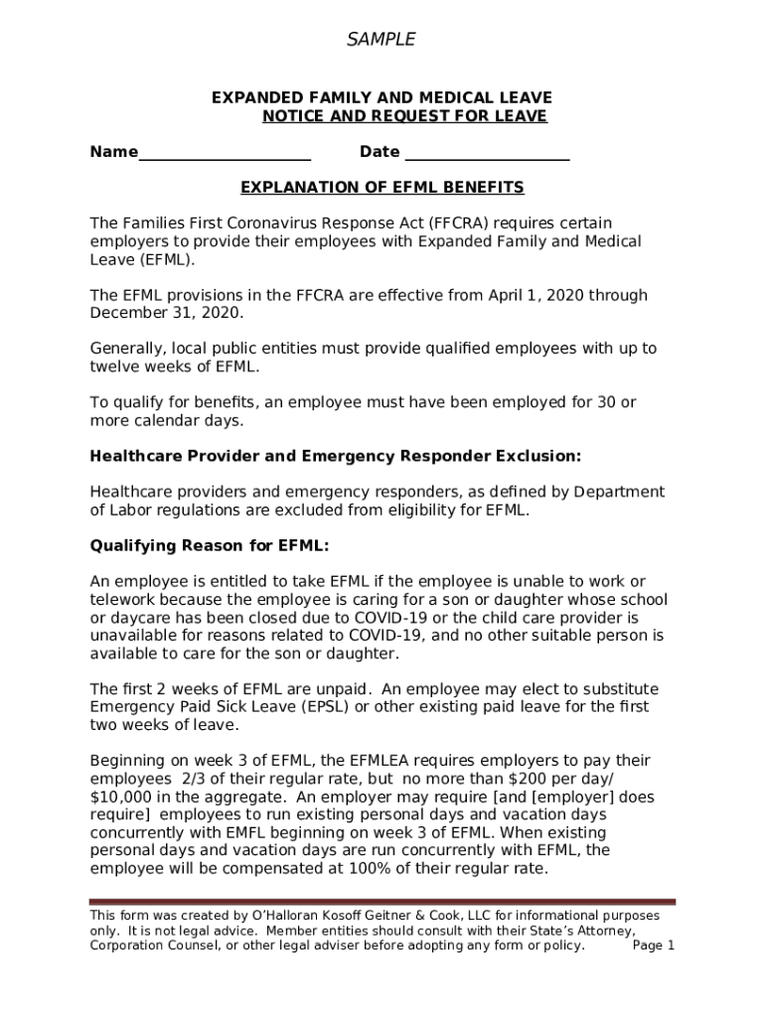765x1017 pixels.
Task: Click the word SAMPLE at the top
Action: pyautogui.click(x=381, y=40)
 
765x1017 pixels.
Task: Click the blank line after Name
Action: pyautogui.click(x=225, y=155)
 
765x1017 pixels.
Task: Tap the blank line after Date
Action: pyautogui.click(x=487, y=155)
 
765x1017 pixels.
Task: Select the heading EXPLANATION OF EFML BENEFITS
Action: pyautogui.click(x=382, y=188)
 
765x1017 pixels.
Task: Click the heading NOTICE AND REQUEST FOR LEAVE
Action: pyautogui.click(x=404, y=116)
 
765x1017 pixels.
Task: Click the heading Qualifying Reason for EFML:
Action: pyautogui.click(x=210, y=546)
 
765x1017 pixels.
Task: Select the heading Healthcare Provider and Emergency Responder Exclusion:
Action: pyautogui.click(x=335, y=457)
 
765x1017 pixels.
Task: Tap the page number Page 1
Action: pyautogui.click(x=654, y=945)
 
